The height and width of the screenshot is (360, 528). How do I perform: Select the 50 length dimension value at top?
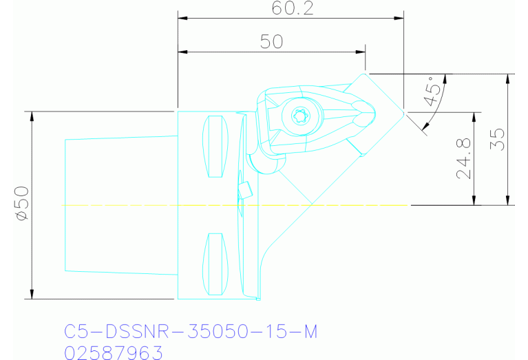271,41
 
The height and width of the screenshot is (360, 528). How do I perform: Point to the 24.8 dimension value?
464,159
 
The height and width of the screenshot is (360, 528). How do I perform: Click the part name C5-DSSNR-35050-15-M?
191,332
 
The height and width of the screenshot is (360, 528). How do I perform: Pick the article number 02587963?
113,352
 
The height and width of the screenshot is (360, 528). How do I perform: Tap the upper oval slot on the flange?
216,146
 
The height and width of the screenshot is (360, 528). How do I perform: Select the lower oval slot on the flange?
216,262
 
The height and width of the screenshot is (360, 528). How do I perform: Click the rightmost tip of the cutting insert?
403,111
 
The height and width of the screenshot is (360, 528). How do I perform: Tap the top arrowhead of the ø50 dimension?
32,115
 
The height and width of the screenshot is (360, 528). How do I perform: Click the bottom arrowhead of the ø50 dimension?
32,295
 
